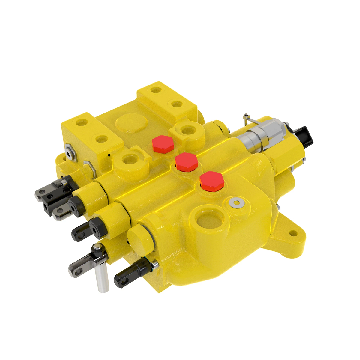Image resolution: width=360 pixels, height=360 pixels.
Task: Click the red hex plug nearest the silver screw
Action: pyautogui.click(x=212, y=181)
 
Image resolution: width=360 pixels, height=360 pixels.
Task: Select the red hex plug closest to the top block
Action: pyautogui.click(x=163, y=144)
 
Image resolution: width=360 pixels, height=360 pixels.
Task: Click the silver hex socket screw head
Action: pyautogui.click(x=236, y=203)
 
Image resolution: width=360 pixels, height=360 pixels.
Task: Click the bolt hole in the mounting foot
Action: pyautogui.click(x=292, y=233)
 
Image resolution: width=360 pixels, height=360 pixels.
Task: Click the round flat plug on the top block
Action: pyautogui.click(x=131, y=123)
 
